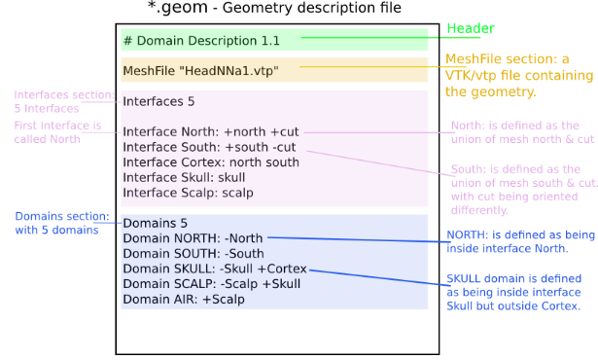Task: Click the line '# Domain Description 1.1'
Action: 201,41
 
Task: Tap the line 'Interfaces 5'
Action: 158,101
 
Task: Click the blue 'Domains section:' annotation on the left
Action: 56,223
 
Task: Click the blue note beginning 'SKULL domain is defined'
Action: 512,291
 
